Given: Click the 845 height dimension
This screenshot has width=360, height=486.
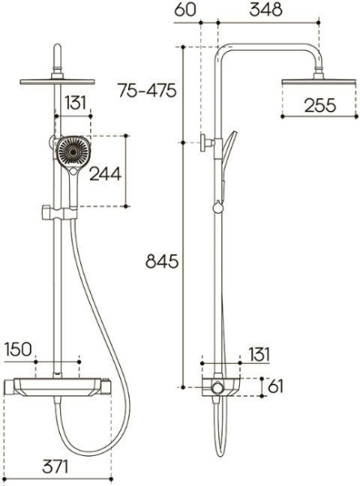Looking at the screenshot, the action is point(162,262).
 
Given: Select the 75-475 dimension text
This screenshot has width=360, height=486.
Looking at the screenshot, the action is point(147,91).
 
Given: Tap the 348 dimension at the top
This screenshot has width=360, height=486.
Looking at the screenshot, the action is point(266,10).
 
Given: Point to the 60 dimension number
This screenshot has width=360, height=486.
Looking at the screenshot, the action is point(186,10).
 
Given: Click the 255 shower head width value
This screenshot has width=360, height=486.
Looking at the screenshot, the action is point(320,105).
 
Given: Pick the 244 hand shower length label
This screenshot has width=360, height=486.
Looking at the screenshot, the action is point(105,173).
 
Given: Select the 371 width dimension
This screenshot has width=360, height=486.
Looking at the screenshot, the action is point(55,467).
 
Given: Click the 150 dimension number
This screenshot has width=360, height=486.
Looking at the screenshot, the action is point(19,349).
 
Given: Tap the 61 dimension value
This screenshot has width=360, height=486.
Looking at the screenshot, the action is point(276,386).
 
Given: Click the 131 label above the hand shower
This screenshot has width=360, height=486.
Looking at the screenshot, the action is point(75,103).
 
